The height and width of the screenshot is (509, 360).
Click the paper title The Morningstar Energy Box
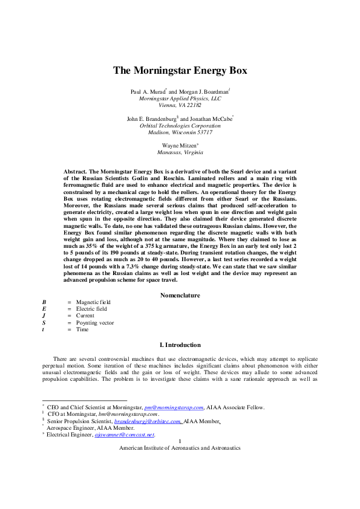[180, 70]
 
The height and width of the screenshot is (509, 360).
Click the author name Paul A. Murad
[147, 91]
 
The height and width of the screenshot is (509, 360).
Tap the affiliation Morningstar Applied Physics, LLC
[180, 97]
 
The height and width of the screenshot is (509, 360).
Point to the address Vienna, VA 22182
[180, 105]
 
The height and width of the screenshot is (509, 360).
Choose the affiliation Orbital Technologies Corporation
[180, 125]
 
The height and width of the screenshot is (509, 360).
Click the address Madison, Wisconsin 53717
[180, 132]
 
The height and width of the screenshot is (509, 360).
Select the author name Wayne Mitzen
[178, 146]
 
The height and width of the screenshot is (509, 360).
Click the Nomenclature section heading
[180, 295]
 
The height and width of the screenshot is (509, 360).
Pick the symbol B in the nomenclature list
[44, 302]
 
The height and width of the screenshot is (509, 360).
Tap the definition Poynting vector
[95, 323]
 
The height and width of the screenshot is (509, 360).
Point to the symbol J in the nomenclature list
[44, 316]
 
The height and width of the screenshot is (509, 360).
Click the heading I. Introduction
[180, 345]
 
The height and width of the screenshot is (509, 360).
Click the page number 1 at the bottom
[180, 441]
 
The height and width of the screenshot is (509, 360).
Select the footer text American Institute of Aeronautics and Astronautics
[180, 448]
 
